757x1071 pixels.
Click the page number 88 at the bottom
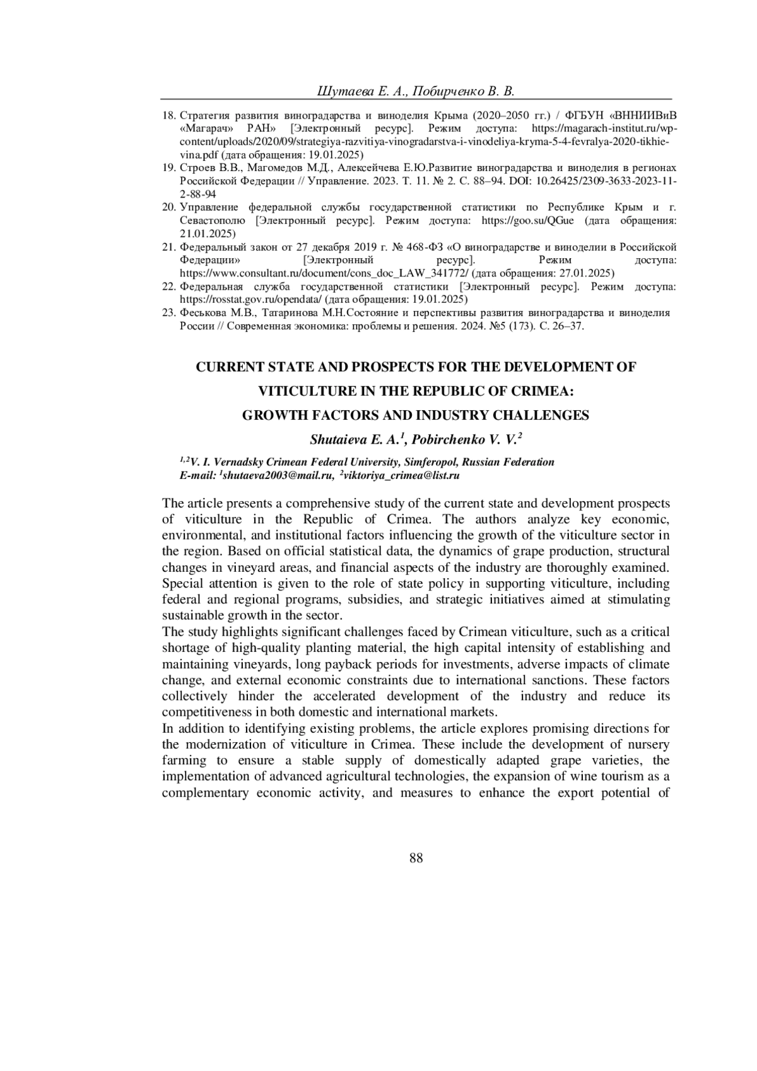pos(416,858)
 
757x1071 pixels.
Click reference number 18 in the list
pos(168,115)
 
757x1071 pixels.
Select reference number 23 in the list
pos(168,313)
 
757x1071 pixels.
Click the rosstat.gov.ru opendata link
pos(251,300)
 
